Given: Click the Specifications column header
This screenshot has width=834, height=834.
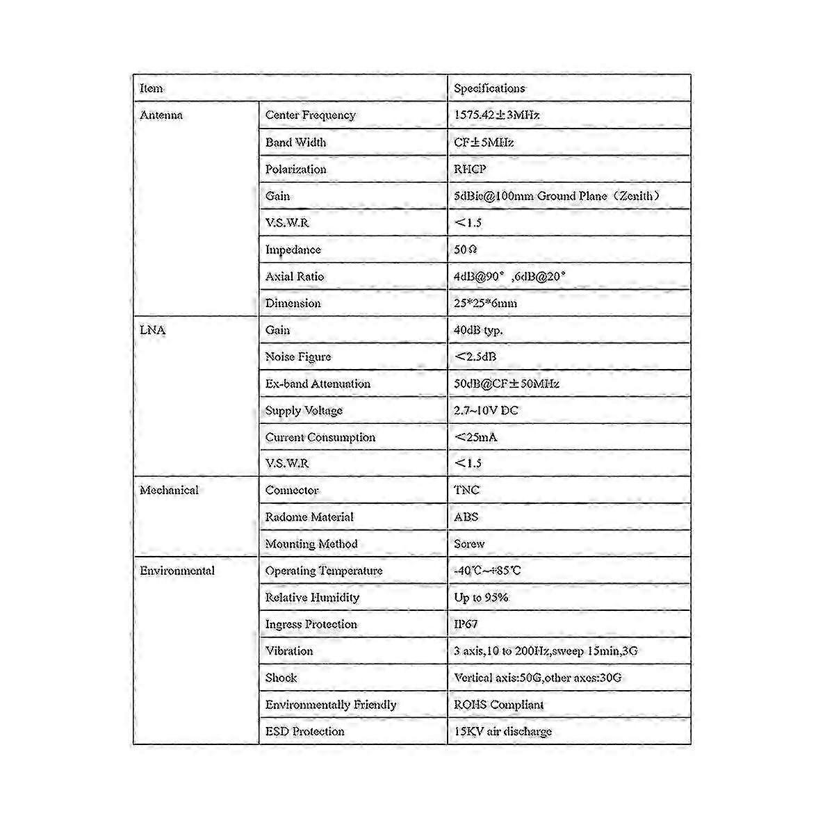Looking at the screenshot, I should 489,88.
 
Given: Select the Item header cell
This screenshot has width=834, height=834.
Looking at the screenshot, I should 152,88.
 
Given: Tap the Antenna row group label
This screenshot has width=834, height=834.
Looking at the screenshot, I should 161,115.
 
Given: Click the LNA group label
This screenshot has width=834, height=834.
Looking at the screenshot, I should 153,330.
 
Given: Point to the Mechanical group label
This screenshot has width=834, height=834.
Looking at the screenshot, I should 169,490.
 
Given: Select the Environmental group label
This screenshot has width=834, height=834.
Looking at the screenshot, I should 177,571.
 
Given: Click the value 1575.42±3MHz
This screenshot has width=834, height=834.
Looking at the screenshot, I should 496,115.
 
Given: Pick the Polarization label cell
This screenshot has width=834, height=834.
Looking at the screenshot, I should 295,169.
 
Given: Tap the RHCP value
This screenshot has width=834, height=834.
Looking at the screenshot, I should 470,169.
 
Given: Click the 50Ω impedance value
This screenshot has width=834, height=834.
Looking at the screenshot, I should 465,250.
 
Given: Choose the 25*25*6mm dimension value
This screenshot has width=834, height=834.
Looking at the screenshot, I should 485,303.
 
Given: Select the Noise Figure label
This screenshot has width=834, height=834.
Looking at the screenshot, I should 298,357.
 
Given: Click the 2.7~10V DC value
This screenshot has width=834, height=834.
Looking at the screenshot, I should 486,410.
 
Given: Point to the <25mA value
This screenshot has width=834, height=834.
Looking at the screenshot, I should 475,437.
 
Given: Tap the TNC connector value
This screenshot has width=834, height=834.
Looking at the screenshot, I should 466,490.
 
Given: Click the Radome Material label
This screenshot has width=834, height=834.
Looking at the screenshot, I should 309,517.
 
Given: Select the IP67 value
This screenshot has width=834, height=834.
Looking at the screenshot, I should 466,624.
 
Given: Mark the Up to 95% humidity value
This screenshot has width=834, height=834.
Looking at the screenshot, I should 481,597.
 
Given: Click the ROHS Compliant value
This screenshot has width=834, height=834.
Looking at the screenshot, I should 498,705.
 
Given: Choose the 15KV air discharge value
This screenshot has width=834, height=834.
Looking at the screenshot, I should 502,731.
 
